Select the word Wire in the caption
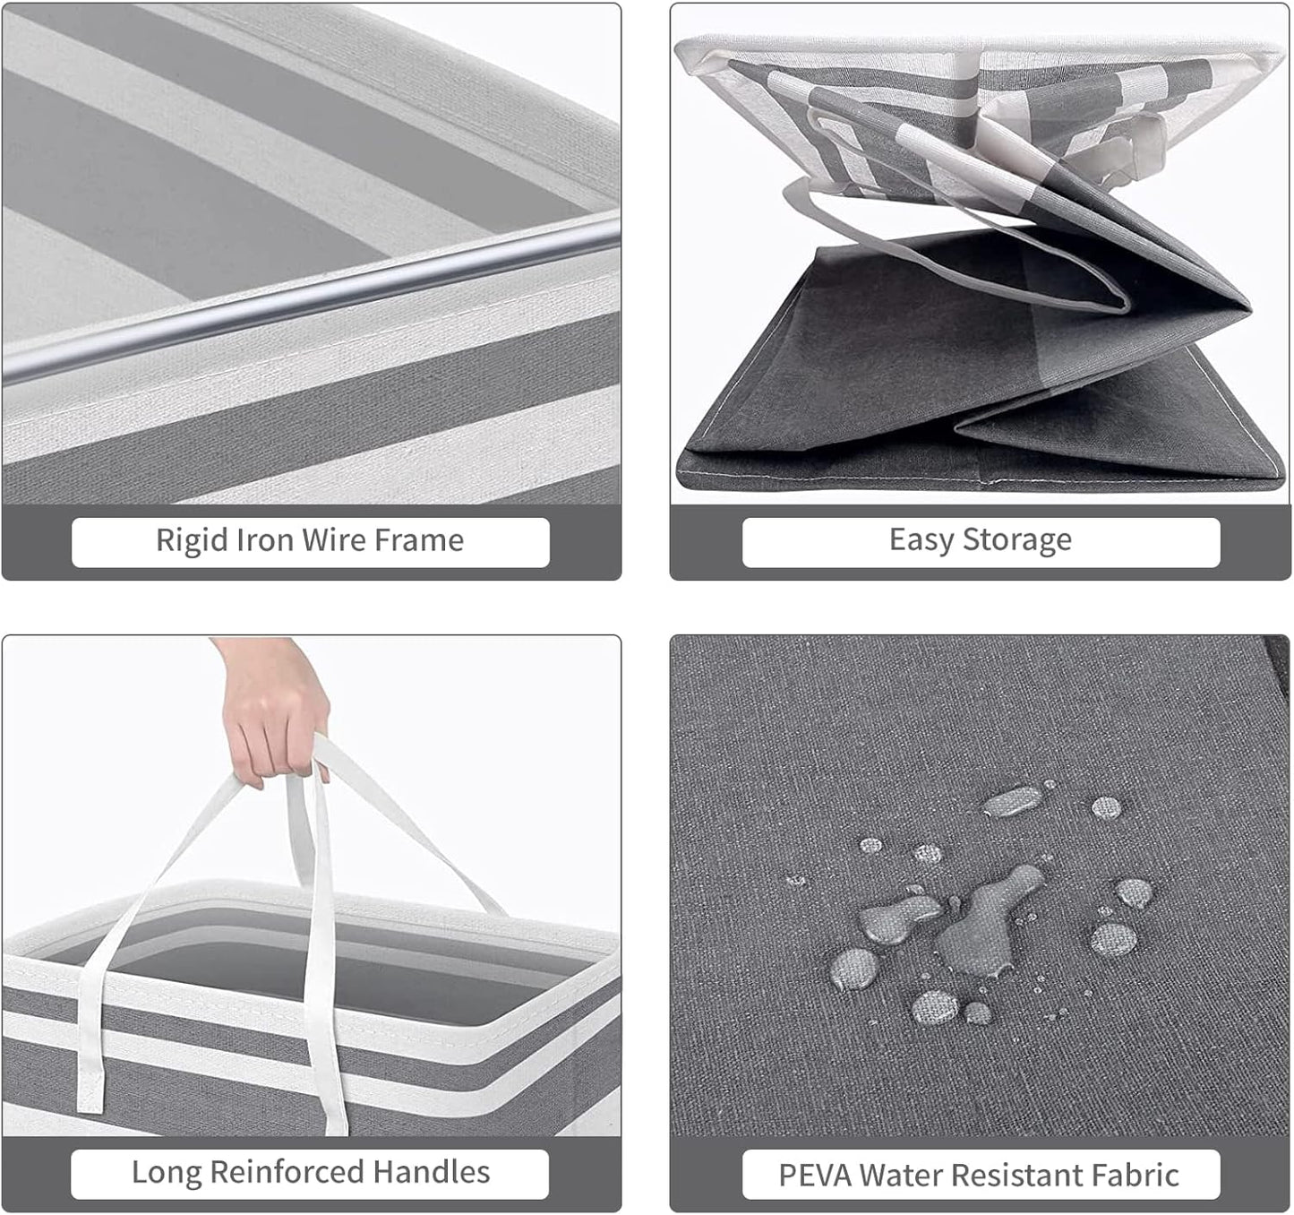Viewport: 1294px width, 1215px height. [x=334, y=540]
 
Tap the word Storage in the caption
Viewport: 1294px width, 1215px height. [x=1017, y=541]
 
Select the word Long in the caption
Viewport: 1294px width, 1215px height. [x=166, y=1173]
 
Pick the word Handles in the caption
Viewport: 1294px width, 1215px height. [x=432, y=1171]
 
